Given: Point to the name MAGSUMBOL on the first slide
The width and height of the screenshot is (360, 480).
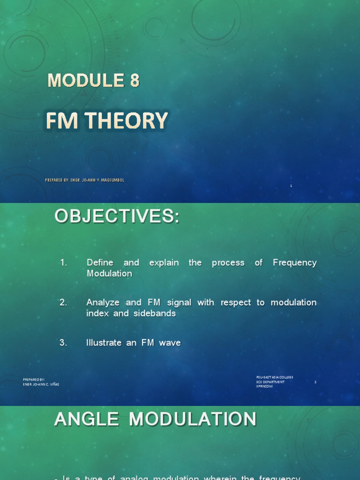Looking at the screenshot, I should (x=113, y=180).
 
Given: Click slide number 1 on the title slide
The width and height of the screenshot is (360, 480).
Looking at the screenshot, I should (x=291, y=186).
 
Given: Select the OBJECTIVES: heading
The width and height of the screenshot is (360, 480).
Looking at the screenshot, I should (x=117, y=217).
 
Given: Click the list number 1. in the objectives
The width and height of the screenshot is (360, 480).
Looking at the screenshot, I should (x=64, y=263).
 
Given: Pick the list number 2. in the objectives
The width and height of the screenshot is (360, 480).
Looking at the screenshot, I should (x=64, y=303).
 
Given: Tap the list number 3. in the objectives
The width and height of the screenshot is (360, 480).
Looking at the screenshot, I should (x=64, y=343).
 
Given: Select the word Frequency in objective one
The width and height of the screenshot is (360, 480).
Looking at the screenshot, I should (x=294, y=263).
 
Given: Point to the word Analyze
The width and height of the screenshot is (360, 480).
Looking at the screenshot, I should (x=102, y=303).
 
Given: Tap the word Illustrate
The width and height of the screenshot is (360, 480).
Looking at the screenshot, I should (x=104, y=343).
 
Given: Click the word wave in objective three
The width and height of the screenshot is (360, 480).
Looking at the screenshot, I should (x=170, y=343).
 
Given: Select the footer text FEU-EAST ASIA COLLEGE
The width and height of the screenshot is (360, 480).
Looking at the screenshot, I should (x=275, y=377).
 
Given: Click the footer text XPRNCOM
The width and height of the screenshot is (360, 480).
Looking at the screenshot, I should (x=264, y=386).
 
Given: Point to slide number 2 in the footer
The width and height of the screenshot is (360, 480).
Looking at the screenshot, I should (x=315, y=382).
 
